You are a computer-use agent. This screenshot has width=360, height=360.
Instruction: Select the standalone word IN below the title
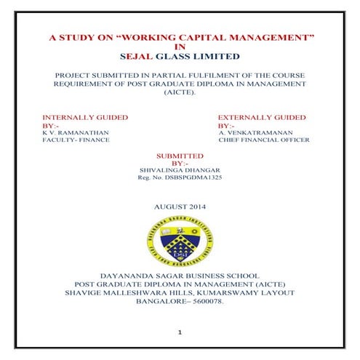181,45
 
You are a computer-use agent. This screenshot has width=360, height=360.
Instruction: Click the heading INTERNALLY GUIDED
86,117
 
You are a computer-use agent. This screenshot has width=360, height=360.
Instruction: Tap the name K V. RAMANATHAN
75,133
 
